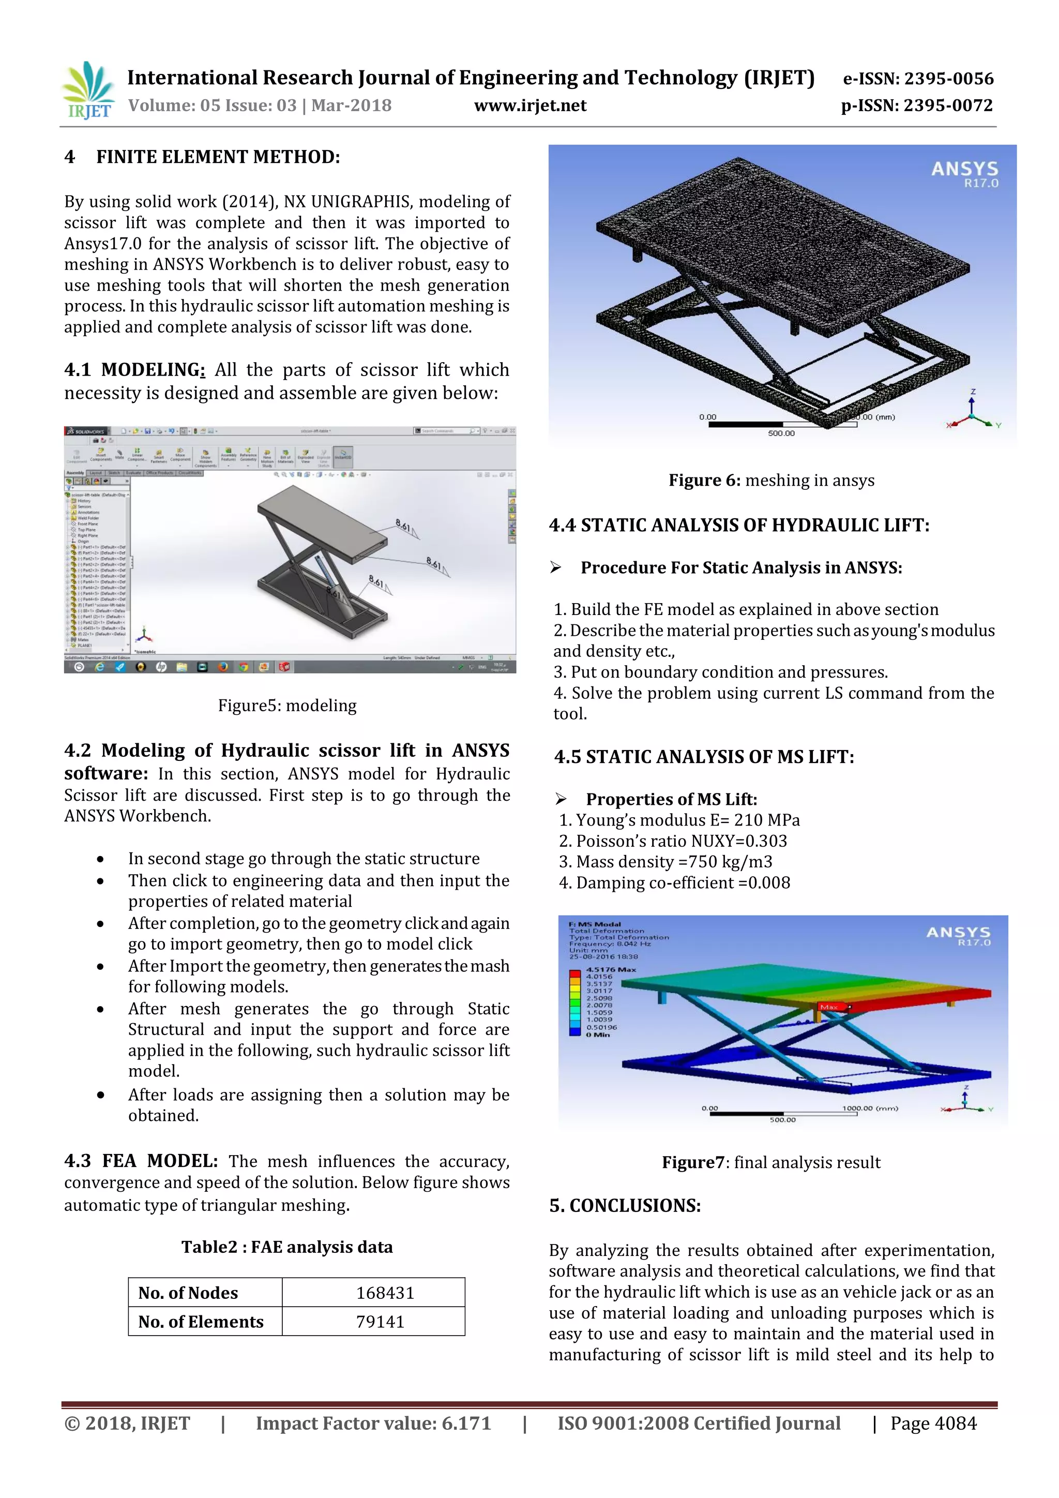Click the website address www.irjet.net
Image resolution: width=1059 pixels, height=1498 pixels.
529,106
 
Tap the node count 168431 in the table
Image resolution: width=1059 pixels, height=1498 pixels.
385,1293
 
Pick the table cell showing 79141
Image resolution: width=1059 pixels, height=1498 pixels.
380,1321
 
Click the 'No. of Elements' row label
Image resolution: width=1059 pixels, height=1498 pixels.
201,1321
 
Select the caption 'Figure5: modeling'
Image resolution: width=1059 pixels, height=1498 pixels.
287,705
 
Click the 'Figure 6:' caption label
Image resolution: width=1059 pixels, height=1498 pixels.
704,480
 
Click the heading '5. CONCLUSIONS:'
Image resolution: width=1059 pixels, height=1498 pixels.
624,1205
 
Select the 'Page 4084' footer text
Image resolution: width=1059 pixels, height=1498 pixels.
933,1423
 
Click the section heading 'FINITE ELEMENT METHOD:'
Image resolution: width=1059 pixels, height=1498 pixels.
218,157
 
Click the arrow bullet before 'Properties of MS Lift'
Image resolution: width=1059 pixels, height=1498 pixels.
561,799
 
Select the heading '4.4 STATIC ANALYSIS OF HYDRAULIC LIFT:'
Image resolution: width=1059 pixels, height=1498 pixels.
738,525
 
